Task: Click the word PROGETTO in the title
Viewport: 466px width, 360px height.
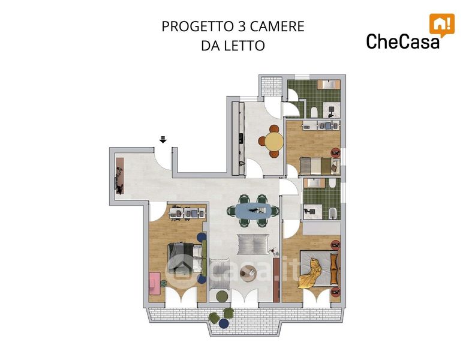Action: [x=197, y=26]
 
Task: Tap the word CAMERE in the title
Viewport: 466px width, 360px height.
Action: [x=277, y=26]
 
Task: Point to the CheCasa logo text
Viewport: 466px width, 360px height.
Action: [x=402, y=41]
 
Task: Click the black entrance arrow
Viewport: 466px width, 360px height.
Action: [x=163, y=139]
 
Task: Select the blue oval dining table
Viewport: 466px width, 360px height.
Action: [x=253, y=211]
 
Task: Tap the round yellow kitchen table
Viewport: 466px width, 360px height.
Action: [x=274, y=142]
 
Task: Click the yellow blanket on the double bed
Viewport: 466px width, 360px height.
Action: [x=311, y=274]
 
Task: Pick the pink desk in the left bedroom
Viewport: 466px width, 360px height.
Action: [x=155, y=283]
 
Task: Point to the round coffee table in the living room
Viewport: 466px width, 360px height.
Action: [x=248, y=274]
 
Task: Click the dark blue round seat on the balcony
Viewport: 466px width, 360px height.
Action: [x=224, y=323]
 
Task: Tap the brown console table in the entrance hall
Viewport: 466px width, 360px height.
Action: [x=120, y=176]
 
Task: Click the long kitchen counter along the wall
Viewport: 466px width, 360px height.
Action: [x=238, y=138]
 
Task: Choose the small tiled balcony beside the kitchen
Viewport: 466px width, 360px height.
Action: [x=272, y=86]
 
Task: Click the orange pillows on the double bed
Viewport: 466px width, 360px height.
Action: [x=334, y=265]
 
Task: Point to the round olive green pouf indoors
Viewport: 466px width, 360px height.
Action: [x=222, y=296]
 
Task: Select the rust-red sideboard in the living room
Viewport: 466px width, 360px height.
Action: [x=276, y=280]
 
